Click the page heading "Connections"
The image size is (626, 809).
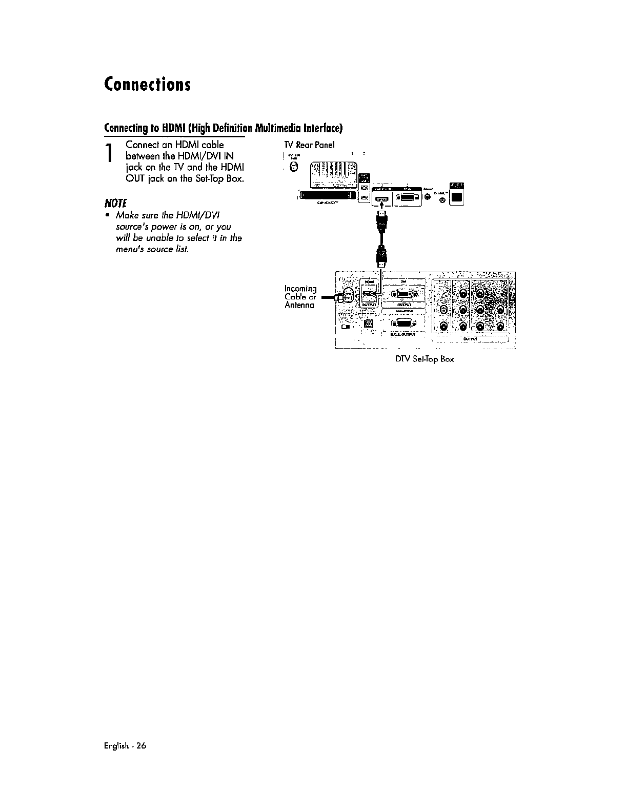(147, 84)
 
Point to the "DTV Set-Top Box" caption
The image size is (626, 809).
(424, 359)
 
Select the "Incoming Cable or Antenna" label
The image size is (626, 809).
(300, 297)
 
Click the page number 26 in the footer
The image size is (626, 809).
(142, 746)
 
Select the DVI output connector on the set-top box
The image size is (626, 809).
(405, 294)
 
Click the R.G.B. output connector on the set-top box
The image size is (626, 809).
(405, 323)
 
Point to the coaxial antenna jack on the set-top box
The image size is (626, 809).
(347, 297)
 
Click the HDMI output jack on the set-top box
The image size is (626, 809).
(369, 295)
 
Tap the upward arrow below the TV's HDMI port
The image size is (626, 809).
(381, 206)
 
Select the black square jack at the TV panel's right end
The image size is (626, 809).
(457, 197)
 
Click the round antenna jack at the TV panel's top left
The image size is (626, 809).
(294, 168)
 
